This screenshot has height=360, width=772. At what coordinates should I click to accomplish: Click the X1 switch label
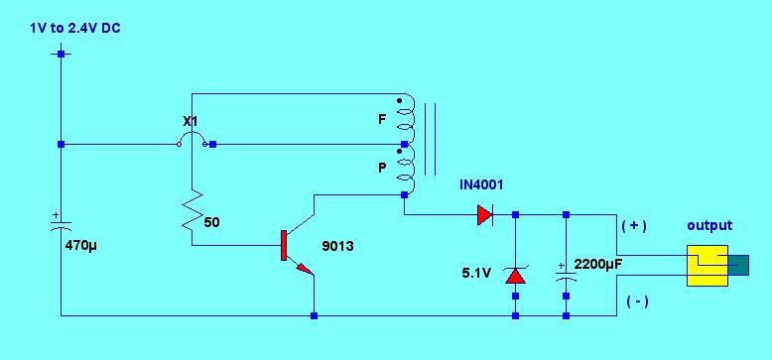pyautogui.click(x=192, y=121)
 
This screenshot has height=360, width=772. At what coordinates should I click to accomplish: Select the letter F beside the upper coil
pyautogui.click(x=382, y=120)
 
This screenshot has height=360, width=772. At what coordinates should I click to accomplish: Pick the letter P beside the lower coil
pyautogui.click(x=382, y=169)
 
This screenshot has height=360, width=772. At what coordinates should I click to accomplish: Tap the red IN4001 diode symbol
pyautogui.click(x=484, y=213)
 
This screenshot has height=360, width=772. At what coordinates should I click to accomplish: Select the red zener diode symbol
pyautogui.click(x=515, y=275)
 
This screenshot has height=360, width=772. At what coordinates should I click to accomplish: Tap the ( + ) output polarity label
pyautogui.click(x=633, y=225)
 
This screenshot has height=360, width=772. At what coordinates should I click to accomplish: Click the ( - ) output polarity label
pyautogui.click(x=634, y=300)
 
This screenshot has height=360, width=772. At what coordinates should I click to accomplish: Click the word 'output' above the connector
pyautogui.click(x=709, y=225)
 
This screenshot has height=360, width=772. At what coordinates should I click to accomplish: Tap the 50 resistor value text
pyautogui.click(x=211, y=222)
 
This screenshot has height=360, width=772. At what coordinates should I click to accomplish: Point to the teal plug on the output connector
pyautogui.click(x=739, y=264)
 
